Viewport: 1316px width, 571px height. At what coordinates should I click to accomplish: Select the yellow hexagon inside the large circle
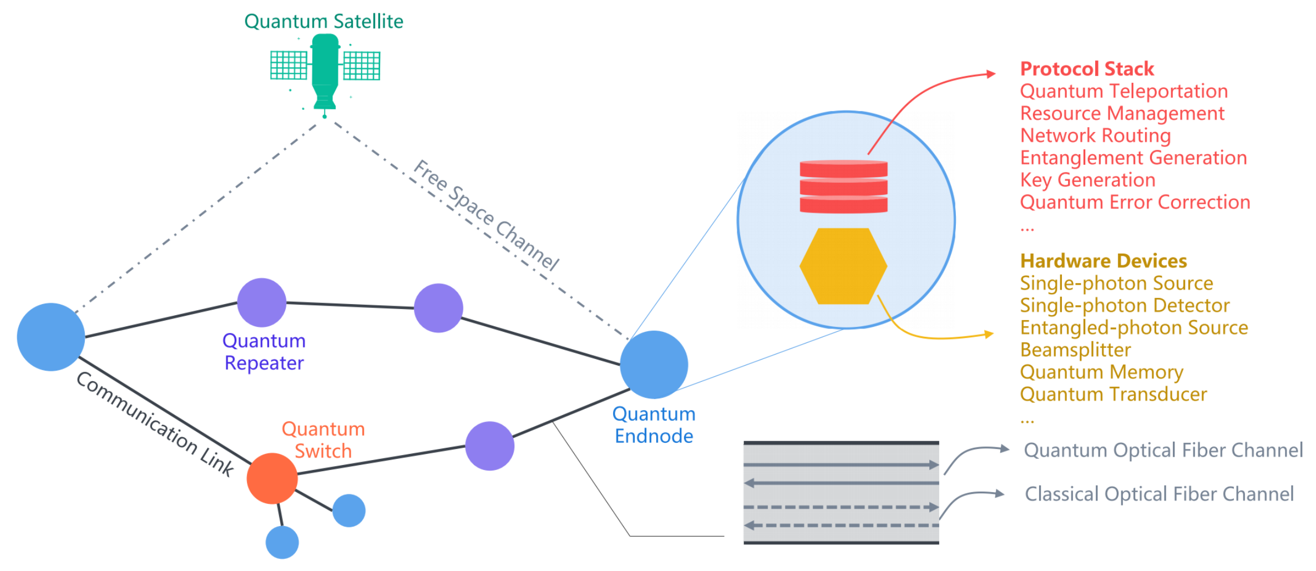coord(843,266)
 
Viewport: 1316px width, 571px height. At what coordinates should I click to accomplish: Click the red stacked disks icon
coord(843,187)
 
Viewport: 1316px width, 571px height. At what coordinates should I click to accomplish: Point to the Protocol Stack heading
coord(1087,69)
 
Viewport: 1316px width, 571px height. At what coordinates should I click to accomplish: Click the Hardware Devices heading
coord(1103,261)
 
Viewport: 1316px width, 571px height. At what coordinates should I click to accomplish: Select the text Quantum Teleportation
coord(1123,91)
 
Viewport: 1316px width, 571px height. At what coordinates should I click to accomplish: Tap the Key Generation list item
coord(1087,180)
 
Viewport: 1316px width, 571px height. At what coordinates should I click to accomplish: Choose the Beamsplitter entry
coord(1075,350)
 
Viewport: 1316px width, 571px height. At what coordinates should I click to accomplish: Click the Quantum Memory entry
coord(1101,372)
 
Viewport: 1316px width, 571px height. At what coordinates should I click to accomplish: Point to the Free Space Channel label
coord(487,215)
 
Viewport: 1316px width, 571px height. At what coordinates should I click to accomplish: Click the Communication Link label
coord(155,424)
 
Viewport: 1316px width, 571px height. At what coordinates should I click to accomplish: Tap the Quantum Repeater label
coord(264,352)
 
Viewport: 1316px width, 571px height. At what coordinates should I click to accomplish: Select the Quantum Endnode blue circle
coord(654,365)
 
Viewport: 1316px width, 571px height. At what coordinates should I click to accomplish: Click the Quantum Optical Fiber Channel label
coord(1163,450)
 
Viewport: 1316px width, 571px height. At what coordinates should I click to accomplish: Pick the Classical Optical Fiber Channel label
coord(1159,494)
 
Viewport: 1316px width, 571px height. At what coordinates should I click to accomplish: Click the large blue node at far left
coord(51,337)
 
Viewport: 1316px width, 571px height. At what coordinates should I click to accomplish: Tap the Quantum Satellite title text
coord(323,21)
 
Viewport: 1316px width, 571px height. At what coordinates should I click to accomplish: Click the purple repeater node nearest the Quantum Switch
coord(489,446)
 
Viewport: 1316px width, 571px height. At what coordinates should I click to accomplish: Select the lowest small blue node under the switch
coord(282,542)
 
